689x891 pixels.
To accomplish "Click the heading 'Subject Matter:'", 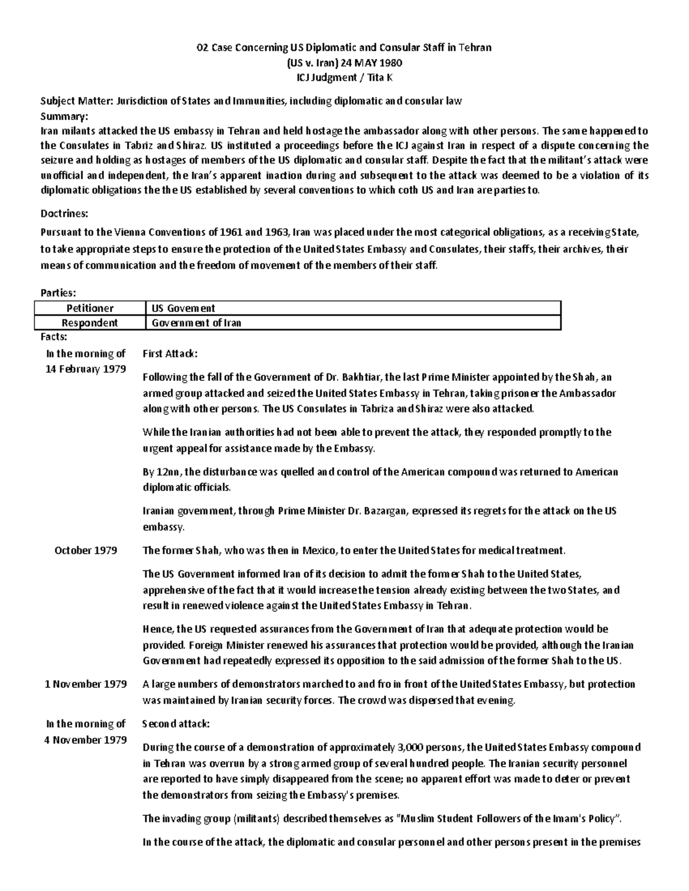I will (x=77, y=101).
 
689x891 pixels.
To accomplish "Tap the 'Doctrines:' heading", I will (x=64, y=213).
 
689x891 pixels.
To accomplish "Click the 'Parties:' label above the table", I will (x=58, y=293).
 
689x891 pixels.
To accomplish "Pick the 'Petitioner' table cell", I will (x=90, y=308).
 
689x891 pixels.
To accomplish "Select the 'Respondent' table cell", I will (x=90, y=322).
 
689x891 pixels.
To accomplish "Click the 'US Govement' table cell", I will (x=183, y=308).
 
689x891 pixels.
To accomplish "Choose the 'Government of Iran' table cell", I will (x=196, y=322).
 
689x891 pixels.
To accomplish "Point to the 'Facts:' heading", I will (x=54, y=337).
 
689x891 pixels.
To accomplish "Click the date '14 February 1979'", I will (x=86, y=369).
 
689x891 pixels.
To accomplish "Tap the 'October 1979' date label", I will (x=86, y=550).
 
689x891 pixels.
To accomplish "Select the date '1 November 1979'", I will (x=86, y=684).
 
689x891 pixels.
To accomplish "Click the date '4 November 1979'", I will (x=86, y=740).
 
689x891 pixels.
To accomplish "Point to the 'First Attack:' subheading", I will (x=170, y=353).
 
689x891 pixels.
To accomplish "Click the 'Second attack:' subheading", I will (x=176, y=723).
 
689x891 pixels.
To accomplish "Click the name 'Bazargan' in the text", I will (x=384, y=511).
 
